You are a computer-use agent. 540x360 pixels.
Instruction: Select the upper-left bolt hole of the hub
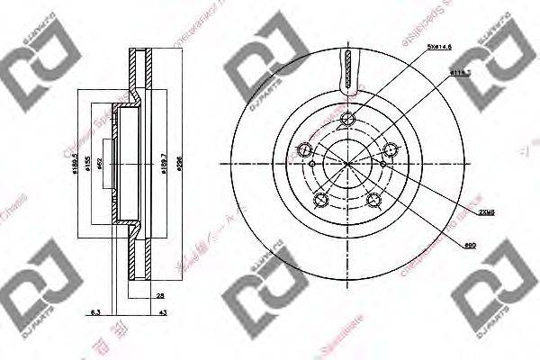(305, 149)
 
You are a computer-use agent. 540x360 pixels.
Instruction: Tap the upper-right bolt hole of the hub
(391, 149)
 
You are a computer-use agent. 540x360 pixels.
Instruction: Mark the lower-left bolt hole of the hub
(321, 200)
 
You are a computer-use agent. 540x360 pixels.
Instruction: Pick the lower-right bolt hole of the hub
(374, 200)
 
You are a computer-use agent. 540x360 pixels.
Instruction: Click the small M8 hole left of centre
(311, 165)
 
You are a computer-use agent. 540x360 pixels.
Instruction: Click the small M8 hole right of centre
(384, 165)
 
